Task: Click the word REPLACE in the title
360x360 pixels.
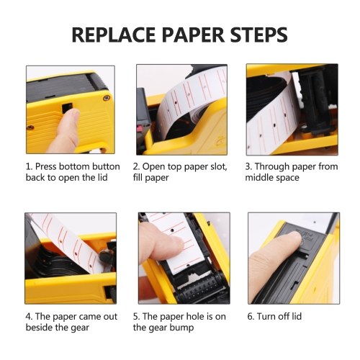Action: (x=114, y=35)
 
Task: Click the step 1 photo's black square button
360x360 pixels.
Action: (x=67, y=108)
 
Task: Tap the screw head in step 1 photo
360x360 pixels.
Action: (x=107, y=98)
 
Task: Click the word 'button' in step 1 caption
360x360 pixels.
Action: (x=106, y=166)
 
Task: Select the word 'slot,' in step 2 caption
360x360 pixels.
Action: (x=219, y=167)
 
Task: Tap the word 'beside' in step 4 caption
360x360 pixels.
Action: (x=39, y=328)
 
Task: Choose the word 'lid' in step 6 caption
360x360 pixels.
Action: (x=297, y=316)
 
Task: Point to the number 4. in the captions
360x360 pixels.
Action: (x=29, y=317)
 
